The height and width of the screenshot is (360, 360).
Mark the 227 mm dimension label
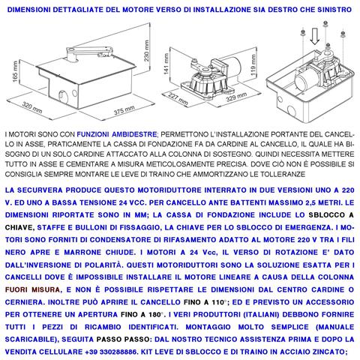click(x=177, y=98)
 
